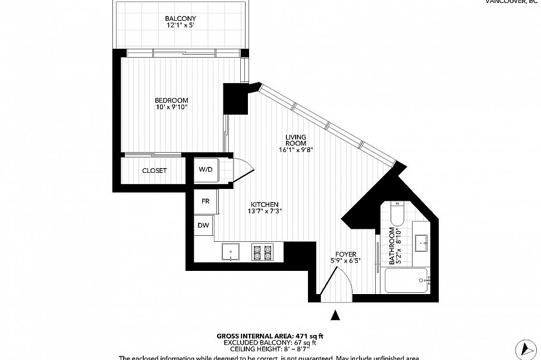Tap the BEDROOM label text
(171, 100)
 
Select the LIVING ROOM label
(295, 140)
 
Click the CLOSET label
(155, 171)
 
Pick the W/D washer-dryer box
(206, 169)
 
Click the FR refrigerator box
(206, 201)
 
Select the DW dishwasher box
(204, 225)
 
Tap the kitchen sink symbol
(230, 252)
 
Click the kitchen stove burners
(262, 252)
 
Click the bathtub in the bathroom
(407, 280)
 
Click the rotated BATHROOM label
(392, 245)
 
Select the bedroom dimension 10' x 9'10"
(171, 107)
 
